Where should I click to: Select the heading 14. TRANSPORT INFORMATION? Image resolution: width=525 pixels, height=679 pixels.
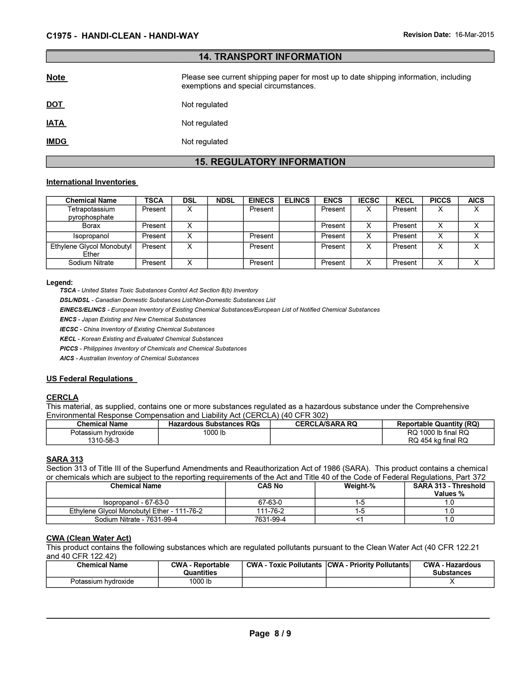coord(270,57)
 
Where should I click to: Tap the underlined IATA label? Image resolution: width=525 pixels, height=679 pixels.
coord(56,123)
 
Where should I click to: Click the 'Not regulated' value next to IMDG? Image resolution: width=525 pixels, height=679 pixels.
coord(205,142)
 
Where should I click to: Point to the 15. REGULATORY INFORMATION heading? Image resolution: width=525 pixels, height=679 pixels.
coord(270,162)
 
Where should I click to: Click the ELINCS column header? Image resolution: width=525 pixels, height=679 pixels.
coord(297,200)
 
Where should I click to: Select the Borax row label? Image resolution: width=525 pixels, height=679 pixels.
coord(91,226)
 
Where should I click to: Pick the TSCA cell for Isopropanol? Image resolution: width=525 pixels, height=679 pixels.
coord(154,236)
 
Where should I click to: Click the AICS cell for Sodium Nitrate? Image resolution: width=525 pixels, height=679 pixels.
coord(476,263)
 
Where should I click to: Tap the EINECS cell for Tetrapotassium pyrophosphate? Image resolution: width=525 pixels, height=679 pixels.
coord(261,210)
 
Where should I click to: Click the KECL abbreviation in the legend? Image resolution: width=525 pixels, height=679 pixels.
coord(68,339)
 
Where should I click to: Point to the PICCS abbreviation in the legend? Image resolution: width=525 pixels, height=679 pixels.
coord(69,349)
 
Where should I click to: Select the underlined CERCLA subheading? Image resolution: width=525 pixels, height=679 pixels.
coord(62,397)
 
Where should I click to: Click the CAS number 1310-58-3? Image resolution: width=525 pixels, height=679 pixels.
coord(102,440)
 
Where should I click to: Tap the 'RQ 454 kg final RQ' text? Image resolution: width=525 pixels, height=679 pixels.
coord(438,440)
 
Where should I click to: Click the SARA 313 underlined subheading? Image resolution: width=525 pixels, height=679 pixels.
coord(65,459)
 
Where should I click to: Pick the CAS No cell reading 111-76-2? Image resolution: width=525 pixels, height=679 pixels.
coord(270,511)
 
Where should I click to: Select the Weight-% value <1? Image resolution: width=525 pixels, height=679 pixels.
coord(359,519)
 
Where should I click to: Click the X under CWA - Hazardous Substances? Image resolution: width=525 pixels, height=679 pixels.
coord(452,581)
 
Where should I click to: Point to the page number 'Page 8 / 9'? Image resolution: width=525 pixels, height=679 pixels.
coord(270,634)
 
